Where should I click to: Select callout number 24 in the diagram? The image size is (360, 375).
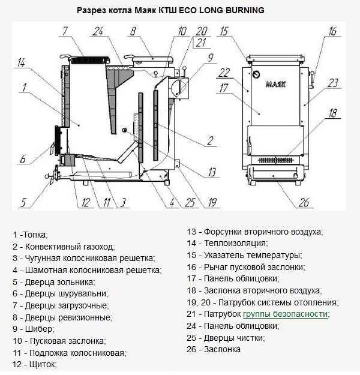pos(98,31)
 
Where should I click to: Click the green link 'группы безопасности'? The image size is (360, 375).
pos(286,314)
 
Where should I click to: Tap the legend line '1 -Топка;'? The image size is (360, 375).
pos(29,234)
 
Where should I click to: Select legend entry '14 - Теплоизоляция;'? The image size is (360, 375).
pos(227,243)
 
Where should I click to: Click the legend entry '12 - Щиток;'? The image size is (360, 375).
pos(34,364)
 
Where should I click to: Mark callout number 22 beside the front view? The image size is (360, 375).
pos(224,73)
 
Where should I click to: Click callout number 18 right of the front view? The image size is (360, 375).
pos(333,112)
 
